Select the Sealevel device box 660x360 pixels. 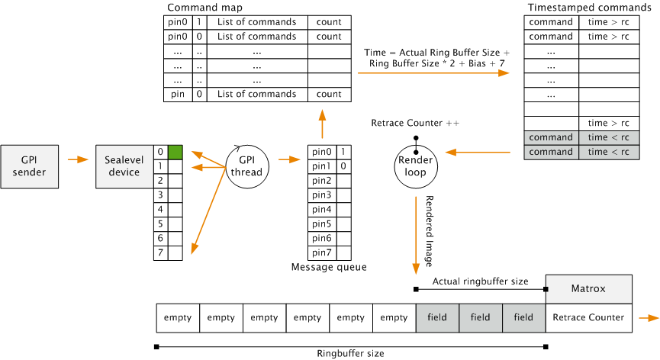coord(124,166)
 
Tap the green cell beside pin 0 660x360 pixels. coord(175,152)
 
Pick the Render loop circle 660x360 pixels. coord(415,167)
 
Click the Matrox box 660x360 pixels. coord(588,289)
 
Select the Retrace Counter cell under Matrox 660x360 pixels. coord(588,317)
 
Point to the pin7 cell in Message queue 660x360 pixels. coord(321,252)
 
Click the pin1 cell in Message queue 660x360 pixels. coord(321,166)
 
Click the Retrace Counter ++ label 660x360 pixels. coord(415,123)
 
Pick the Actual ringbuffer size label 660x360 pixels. coord(480,281)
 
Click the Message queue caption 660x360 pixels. coord(329,267)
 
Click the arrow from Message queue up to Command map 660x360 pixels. coord(321,122)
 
